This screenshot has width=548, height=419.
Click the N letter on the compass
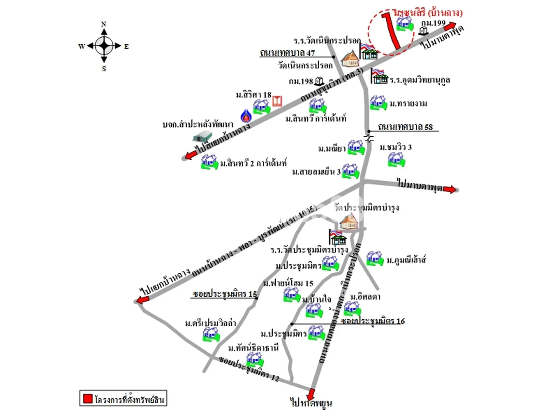[x=104, y=24]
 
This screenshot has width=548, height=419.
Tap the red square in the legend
[x=87, y=398]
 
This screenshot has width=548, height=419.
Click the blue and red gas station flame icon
[x=246, y=116]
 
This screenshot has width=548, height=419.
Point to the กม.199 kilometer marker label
[x=433, y=23]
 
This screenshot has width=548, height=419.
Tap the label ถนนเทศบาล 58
[x=405, y=127]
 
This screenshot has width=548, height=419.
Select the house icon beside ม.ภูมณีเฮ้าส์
[x=375, y=259]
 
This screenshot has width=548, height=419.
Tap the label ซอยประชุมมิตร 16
[x=373, y=321]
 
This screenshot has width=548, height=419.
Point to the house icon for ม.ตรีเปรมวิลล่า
[x=211, y=335]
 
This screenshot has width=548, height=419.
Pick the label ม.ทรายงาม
[x=408, y=104]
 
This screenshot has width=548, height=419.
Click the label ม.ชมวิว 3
[x=395, y=147]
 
